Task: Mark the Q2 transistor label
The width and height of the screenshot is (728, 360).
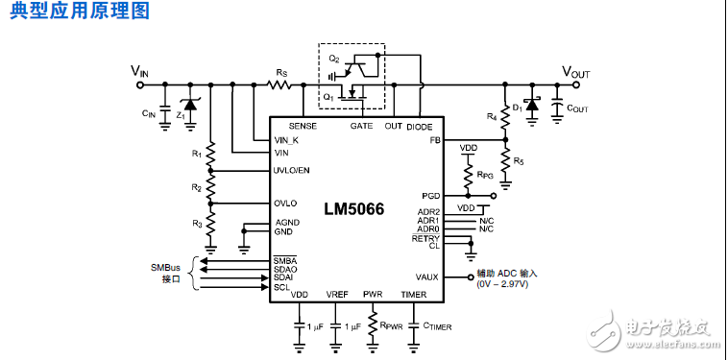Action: pos(333,60)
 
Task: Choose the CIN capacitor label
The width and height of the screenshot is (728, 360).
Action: pos(148,114)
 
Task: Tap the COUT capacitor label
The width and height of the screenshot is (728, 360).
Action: pos(576,108)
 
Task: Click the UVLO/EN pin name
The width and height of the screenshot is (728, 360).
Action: pos(292,170)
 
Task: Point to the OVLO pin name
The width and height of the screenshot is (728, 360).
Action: pos(285,204)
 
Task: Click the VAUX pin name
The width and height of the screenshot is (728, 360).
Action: pos(427,276)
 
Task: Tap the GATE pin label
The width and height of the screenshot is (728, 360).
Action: pos(361,126)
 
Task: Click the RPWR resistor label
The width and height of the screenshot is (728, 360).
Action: pos(392,326)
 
